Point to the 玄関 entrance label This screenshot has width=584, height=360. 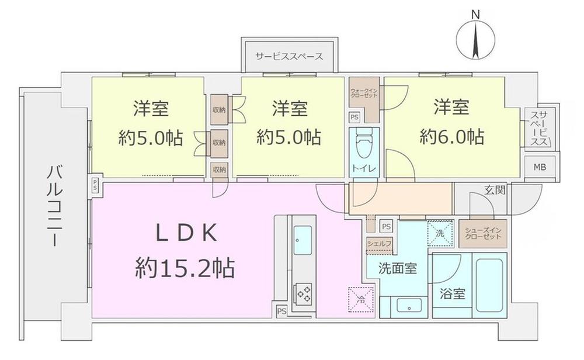click(495, 190)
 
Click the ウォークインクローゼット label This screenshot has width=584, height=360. click(363, 94)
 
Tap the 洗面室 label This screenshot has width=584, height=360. click(397, 269)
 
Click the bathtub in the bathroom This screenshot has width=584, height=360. click(489, 285)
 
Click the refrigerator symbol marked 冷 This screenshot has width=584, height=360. click(358, 297)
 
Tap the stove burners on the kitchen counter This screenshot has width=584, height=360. click(304, 291)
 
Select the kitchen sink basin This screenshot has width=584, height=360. click(304, 241)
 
